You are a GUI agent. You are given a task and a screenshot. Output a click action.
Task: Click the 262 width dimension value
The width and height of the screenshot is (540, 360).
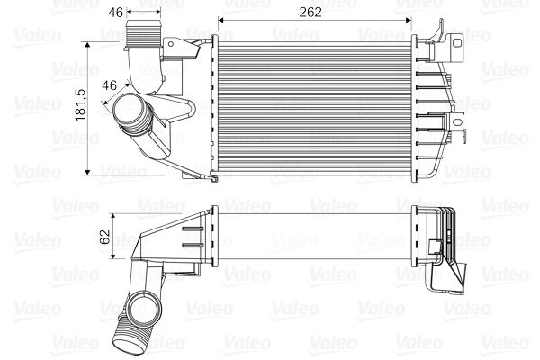(312, 12)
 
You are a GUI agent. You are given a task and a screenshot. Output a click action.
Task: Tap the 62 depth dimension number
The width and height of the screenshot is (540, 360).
(104, 237)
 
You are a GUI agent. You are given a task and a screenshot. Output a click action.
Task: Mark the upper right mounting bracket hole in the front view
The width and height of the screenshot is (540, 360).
(458, 40)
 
